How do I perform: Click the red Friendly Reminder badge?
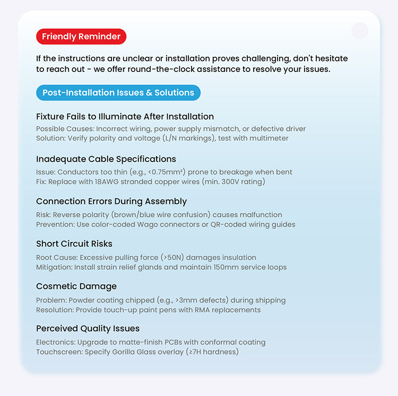[x=81, y=37]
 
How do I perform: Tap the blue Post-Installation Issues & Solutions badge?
[x=118, y=93]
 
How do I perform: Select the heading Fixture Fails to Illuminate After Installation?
[x=125, y=117]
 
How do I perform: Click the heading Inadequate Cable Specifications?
[x=106, y=159]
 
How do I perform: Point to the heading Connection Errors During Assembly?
[x=111, y=201]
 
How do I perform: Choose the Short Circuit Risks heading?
[x=74, y=244]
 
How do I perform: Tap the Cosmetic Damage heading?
[x=76, y=286]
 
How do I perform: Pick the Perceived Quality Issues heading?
[x=88, y=329]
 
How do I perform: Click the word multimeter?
[x=269, y=138]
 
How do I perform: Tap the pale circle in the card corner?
[x=360, y=31]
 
